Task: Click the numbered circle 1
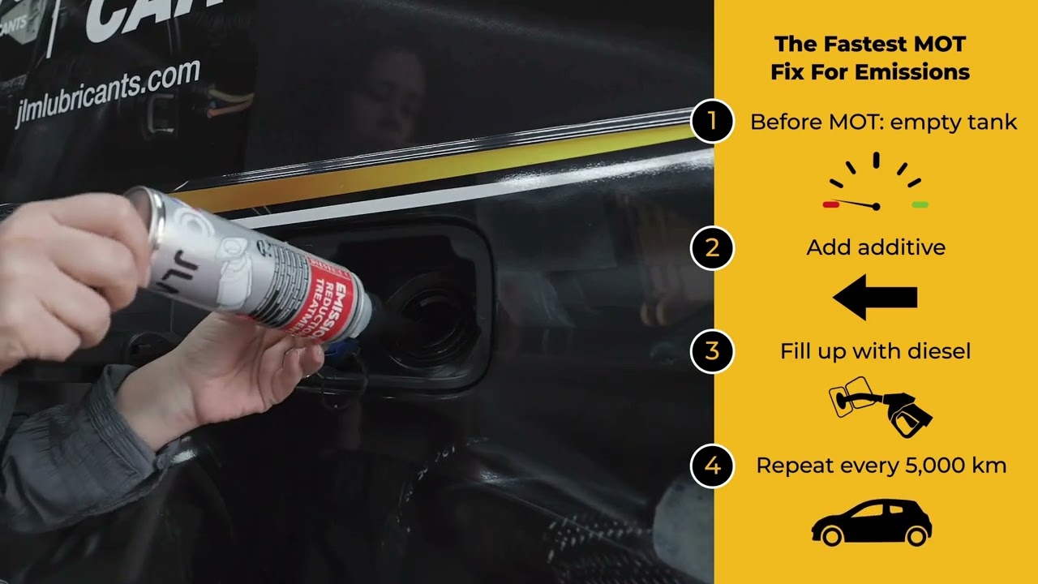tap(712, 122)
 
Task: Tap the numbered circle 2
tap(712, 247)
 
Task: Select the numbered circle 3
tap(712, 351)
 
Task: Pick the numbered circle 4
tap(712, 466)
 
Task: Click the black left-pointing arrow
tap(874, 297)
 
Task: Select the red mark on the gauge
tap(830, 205)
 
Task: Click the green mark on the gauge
tap(920, 205)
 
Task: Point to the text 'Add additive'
tap(876, 247)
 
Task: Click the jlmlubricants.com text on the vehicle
tap(107, 93)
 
